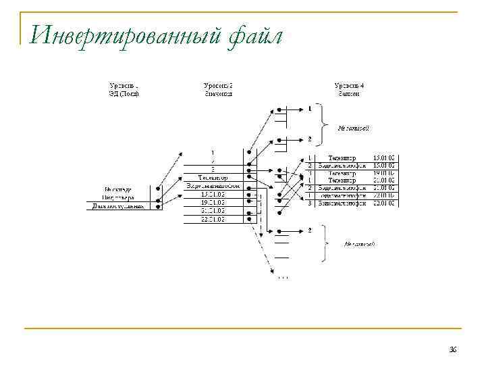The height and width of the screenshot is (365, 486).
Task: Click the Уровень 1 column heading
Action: click(124, 86)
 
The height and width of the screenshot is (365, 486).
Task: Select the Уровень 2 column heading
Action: click(218, 86)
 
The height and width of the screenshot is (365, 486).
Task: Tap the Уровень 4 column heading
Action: click(349, 86)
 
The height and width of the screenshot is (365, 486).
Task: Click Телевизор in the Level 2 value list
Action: click(213, 177)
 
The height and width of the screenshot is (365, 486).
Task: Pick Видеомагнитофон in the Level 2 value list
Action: click(213, 185)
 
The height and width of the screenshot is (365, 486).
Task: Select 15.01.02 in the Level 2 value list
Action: click(213, 194)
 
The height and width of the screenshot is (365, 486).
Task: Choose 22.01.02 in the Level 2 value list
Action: click(213, 218)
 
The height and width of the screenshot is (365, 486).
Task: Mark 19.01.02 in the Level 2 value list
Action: click(213, 202)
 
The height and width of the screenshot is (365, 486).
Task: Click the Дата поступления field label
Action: click(119, 206)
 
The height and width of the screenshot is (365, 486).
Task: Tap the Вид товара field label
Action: click(119, 198)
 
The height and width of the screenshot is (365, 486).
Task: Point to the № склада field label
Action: click(119, 190)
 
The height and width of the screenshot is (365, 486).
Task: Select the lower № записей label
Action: click(358, 243)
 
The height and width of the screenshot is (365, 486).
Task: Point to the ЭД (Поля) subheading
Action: click(124, 94)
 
